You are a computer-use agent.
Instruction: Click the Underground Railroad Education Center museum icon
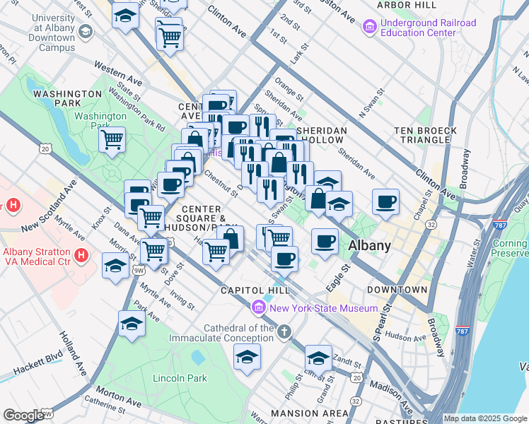(x=368, y=28)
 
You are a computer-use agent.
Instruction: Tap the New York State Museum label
(x=322, y=309)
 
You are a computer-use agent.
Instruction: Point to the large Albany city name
(x=371, y=246)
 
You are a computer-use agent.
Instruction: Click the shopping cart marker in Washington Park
(x=112, y=139)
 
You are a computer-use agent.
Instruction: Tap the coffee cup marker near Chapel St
(x=386, y=201)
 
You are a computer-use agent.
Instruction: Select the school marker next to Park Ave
(x=132, y=323)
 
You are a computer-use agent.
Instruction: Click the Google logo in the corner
(x=23, y=416)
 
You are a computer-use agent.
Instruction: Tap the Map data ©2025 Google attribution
(x=485, y=418)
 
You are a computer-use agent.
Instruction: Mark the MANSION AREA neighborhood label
(x=309, y=413)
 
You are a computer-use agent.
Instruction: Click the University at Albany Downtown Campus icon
(x=85, y=32)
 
